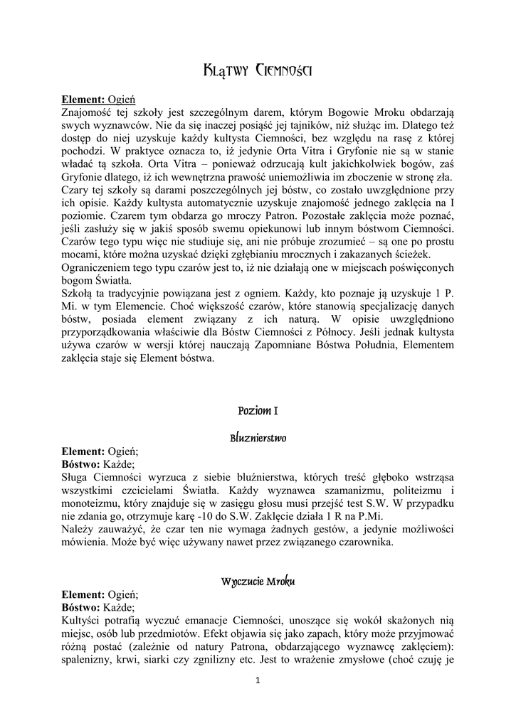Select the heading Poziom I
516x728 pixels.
pyautogui.click(x=258, y=411)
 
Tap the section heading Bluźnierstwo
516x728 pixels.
pyautogui.click(x=258, y=437)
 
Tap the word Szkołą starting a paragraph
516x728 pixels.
pyautogui.click(x=78, y=294)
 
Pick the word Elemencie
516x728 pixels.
pyautogui.click(x=146, y=306)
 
